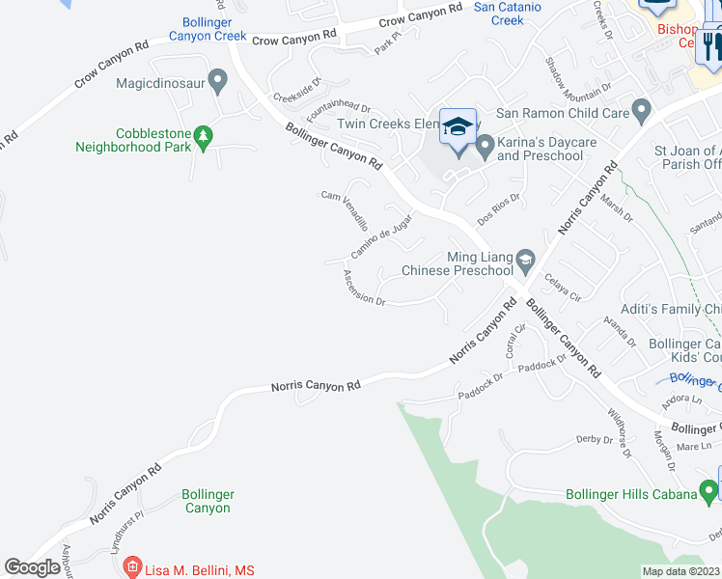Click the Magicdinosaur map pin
coord(217,82)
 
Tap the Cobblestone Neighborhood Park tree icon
coord(203,138)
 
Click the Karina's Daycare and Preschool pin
coord(486,146)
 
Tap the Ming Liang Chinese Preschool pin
coord(525,258)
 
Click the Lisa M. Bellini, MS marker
coord(133,569)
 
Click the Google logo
coord(33,567)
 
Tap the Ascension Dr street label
coord(364,287)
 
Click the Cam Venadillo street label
coord(345,208)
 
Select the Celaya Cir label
coord(561,287)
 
